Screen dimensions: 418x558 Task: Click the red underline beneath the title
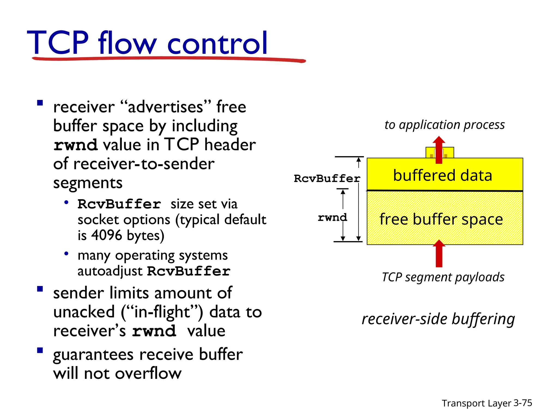tap(169, 59)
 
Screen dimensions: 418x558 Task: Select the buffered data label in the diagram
tap(442, 176)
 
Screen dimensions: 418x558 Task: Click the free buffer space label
tap(441, 219)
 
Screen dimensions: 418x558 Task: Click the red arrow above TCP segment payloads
tap(439, 254)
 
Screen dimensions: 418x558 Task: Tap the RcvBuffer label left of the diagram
tap(327, 179)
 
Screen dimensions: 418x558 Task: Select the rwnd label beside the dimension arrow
tap(332, 217)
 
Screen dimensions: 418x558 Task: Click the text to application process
tap(444, 125)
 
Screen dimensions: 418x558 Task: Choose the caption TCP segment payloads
tap(443, 277)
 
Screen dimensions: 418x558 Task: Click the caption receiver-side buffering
tap(438, 319)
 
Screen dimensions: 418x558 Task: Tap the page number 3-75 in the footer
tap(523, 403)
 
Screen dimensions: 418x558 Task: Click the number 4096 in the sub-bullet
tap(107, 235)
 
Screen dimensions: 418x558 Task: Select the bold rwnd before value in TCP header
tap(75, 145)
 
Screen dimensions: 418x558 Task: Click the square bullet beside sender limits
tap(40, 289)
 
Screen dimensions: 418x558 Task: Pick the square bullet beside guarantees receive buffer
tap(40, 350)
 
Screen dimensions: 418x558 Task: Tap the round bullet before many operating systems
tap(66, 254)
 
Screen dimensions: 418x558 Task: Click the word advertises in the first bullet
tap(165, 107)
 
